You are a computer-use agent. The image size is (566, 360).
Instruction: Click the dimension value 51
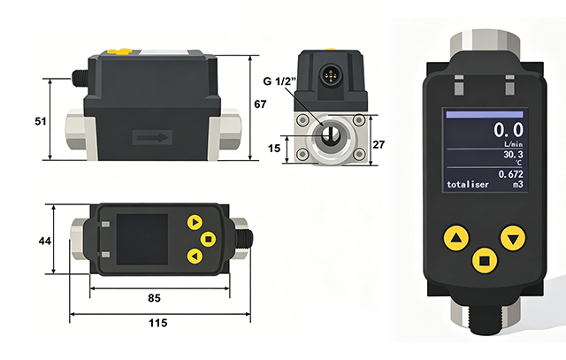[41, 121]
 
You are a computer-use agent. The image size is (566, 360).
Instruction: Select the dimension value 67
[260, 104]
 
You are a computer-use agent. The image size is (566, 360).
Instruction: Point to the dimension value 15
[274, 148]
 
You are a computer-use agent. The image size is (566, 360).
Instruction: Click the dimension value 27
[379, 145]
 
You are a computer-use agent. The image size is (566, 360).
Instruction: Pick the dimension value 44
[45, 241]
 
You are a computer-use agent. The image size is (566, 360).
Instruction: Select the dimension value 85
[154, 298]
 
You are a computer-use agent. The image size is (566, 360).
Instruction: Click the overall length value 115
[158, 323]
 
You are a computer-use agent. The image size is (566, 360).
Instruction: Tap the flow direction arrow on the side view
[152, 137]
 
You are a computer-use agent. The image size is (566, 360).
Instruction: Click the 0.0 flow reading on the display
[509, 130]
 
